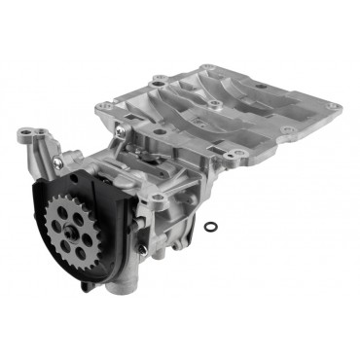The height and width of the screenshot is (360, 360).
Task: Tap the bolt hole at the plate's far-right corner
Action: point(333,107)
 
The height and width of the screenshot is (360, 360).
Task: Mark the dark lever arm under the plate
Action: point(146,150)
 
